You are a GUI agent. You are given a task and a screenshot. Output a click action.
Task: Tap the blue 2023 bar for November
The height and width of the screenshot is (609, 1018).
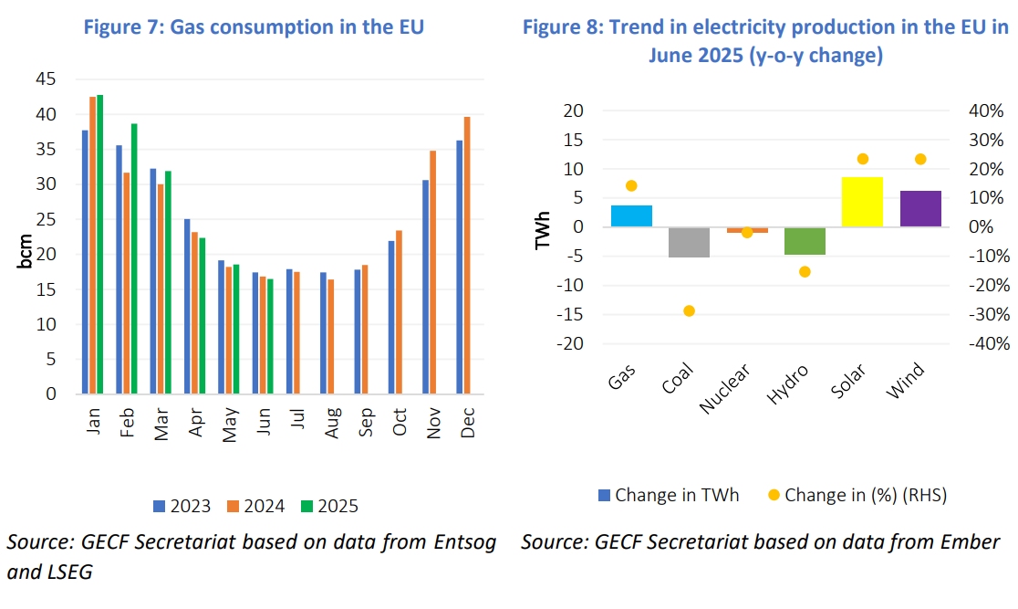pos(425,287)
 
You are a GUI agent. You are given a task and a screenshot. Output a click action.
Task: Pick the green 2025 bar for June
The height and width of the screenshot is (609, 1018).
pos(270,336)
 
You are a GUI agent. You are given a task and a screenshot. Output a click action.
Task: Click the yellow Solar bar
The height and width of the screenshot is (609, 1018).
pos(862,202)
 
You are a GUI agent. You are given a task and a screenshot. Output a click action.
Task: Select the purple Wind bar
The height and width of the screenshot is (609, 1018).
pos(919,208)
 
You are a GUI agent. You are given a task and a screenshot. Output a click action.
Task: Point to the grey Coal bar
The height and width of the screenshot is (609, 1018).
pos(689,242)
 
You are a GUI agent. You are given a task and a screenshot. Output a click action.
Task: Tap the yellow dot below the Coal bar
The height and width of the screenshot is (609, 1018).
pos(689,311)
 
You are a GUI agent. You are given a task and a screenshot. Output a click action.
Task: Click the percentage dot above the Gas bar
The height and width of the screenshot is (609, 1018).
pos(631,185)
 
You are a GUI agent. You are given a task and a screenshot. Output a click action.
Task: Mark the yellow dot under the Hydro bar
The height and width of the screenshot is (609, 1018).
pos(805,271)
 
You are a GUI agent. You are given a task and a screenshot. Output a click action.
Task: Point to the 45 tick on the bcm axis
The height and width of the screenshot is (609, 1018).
pos(45,79)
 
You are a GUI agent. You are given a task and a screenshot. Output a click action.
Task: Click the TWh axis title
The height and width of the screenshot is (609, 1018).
pos(543,227)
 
